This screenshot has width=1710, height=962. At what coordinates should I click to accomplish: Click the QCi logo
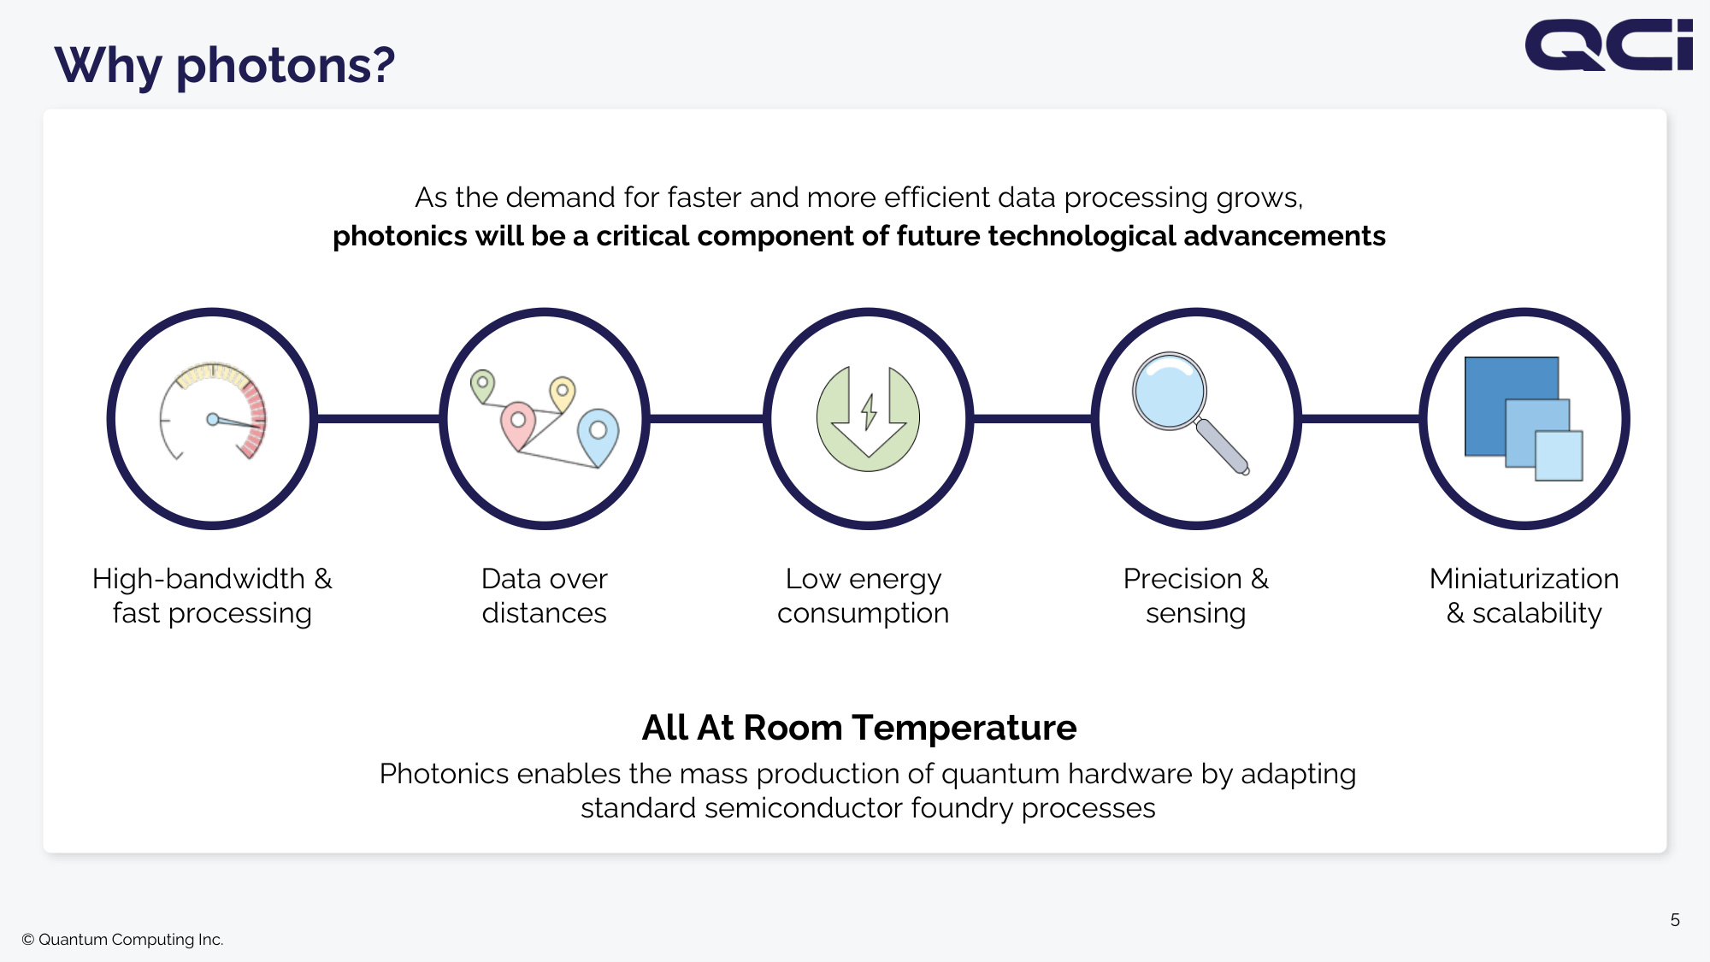[x=1608, y=44]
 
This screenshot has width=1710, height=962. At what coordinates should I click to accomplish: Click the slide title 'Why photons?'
[x=225, y=66]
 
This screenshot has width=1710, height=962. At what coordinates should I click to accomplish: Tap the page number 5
[x=1675, y=920]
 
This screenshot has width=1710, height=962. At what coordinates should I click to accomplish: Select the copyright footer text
[x=122, y=939]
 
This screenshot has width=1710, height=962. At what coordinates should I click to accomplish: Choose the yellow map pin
[x=562, y=394]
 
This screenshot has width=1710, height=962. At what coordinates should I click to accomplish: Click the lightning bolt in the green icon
[x=869, y=411]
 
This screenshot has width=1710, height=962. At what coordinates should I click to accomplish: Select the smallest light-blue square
[x=1559, y=456]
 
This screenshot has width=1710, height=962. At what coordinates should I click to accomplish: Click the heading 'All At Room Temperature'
[x=859, y=728]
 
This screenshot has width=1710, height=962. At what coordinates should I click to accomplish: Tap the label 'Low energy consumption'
[x=864, y=596]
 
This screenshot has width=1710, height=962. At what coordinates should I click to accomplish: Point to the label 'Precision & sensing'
[x=1196, y=596]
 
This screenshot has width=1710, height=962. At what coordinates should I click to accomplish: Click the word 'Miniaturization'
[x=1524, y=579]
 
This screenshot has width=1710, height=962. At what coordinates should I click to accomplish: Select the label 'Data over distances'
[x=545, y=596]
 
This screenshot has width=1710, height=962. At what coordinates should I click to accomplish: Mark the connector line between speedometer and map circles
[x=378, y=419]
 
